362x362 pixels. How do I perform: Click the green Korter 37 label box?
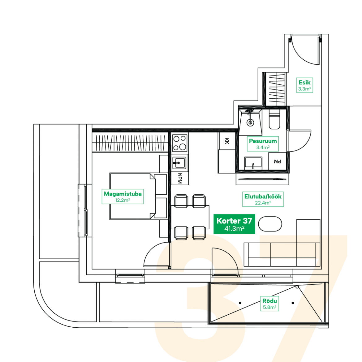point(234,224)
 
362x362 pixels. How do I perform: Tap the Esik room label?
point(304,85)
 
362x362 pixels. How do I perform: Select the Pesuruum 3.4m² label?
point(263,144)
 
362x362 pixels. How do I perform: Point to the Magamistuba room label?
point(123,196)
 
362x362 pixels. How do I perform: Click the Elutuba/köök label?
point(263,199)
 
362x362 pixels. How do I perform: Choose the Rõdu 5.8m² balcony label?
point(270,304)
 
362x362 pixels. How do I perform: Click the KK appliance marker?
point(226,141)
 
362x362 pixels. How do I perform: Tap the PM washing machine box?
point(277,162)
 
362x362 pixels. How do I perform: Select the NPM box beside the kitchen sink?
point(180,178)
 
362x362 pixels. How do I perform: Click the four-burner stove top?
point(180,143)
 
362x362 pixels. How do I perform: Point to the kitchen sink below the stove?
point(179,163)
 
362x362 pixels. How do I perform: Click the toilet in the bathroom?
point(274,119)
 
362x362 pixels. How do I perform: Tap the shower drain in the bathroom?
point(250,122)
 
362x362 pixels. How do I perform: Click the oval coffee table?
point(270,224)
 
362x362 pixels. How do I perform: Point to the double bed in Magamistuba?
point(138,196)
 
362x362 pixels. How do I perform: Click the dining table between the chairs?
point(190,217)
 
